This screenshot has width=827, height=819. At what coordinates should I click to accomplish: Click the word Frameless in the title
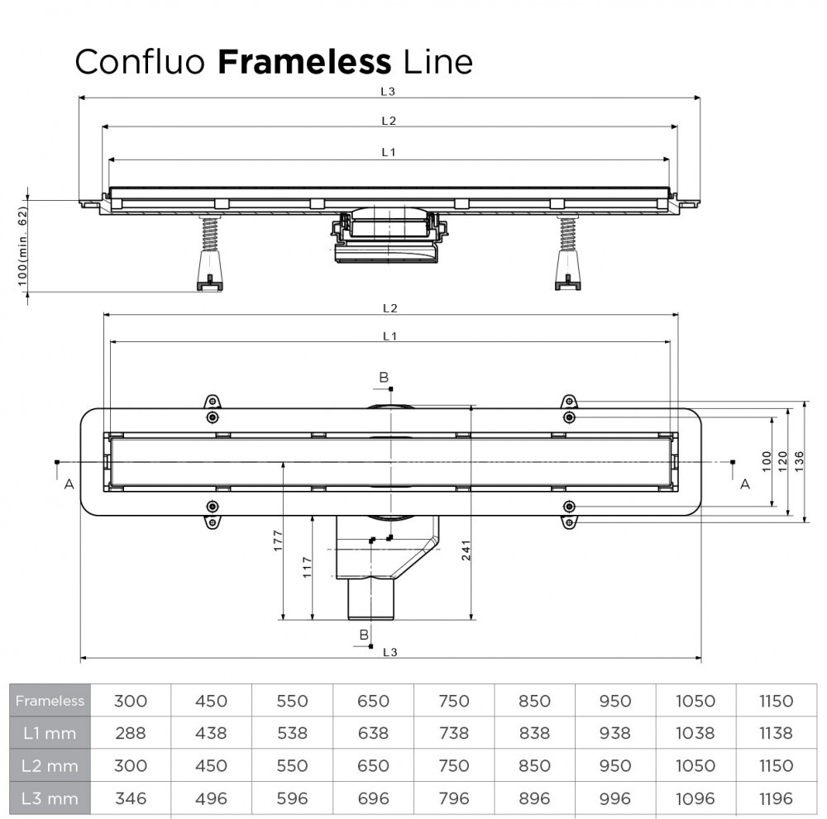(304, 61)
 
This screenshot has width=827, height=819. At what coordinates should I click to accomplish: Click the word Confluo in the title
(141, 61)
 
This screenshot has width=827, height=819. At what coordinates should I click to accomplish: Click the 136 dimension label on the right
(798, 462)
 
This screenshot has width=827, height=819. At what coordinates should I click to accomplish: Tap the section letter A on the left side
(69, 484)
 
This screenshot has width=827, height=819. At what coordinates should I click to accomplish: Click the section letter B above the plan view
(384, 378)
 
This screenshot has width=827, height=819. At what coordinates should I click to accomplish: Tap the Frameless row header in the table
(50, 701)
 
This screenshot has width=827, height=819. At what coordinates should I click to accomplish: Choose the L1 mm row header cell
(50, 733)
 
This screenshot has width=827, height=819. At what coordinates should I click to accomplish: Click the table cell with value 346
(130, 798)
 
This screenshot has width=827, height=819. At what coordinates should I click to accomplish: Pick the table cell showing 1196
(775, 798)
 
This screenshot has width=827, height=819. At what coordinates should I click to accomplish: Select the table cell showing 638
(372, 733)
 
